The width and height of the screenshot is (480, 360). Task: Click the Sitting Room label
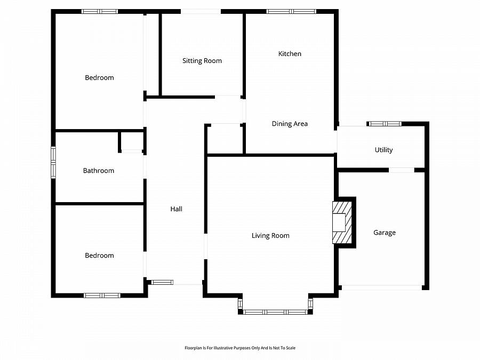[x=202, y=61]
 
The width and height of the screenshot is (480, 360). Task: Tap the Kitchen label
[x=290, y=54]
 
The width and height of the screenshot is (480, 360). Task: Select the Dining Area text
[x=290, y=124]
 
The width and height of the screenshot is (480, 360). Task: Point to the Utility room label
[x=383, y=150]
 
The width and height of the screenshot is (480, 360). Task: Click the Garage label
[x=384, y=233]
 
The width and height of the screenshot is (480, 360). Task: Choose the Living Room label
[x=270, y=236]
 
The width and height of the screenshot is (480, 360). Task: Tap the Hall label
[x=176, y=209]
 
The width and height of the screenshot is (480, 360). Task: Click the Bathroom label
[x=99, y=171]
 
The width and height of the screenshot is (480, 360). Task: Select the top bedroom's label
[x=99, y=78]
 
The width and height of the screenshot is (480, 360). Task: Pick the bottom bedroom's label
[x=99, y=255]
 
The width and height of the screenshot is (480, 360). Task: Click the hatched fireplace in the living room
[x=342, y=222]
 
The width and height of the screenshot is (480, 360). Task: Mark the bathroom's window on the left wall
[x=53, y=162]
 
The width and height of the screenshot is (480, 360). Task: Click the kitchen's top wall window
[x=291, y=11]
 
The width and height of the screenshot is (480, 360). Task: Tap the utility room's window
[x=385, y=124]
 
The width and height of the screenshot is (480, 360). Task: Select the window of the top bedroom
[x=100, y=11]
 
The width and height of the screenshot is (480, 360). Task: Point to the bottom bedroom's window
[x=102, y=295]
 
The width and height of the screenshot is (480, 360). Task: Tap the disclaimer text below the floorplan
[x=239, y=348]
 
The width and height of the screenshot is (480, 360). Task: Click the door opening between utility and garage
[x=401, y=170]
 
